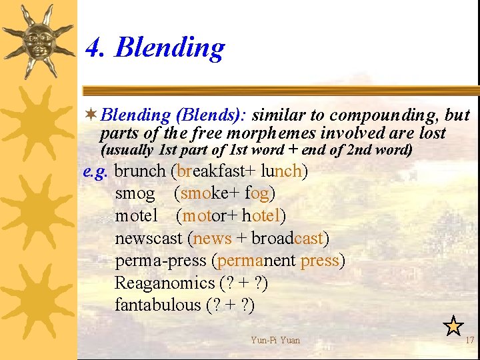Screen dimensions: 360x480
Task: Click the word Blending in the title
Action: point(170,49)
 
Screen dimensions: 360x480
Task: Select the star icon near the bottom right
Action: point(453,326)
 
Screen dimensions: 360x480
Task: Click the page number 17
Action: point(469,340)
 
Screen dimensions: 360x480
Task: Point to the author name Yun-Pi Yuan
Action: point(275,340)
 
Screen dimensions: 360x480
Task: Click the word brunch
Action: point(139,171)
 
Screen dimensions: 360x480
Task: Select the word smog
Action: point(135,194)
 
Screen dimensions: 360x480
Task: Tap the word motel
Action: point(136,216)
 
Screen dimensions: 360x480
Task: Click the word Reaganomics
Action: point(164,283)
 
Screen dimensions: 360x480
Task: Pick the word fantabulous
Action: point(158,305)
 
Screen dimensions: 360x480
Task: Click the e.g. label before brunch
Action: point(95,171)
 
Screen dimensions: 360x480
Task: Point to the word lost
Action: point(431,133)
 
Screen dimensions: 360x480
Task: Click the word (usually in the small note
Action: point(125,151)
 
